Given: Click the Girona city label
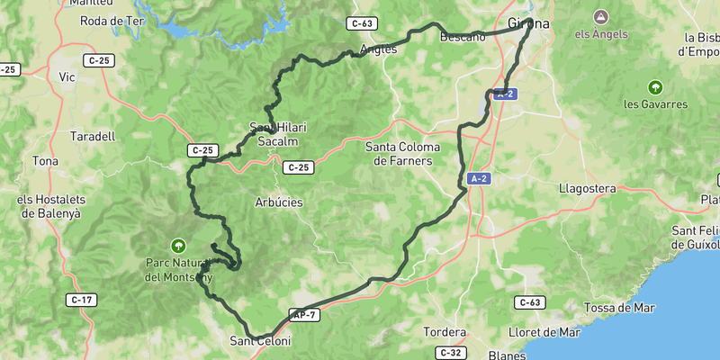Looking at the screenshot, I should coord(528,23).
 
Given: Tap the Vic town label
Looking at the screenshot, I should coord(67,77).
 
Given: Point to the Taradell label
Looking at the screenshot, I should coord(92,137).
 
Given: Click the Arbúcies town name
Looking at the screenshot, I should coord(279,202).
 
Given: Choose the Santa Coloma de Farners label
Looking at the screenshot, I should coord(400,154).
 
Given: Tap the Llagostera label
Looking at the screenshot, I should coord(587,189).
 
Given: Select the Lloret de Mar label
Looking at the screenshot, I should coord(544,332).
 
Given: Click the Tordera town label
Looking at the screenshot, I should coord(445,332).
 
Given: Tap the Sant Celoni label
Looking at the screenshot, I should coord(261,341).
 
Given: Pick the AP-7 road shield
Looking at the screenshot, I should coord(304,314).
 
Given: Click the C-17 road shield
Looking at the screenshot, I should coord(82,300).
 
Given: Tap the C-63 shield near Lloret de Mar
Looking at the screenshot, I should coord(531,302).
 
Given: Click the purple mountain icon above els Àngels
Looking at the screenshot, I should coord(600,16).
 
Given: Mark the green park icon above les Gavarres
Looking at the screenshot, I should coord(655,87).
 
